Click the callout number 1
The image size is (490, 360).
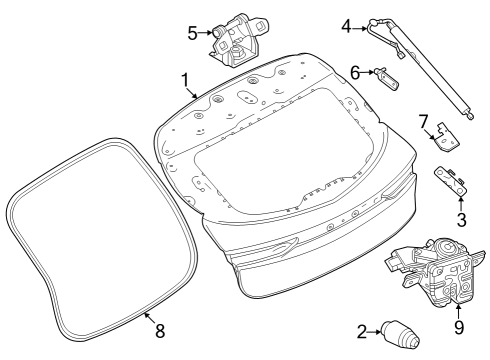184,78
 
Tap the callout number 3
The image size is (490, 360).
461,218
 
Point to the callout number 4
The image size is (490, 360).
347,26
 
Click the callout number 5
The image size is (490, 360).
192,31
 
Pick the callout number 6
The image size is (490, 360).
355,71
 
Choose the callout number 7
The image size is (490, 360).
424,122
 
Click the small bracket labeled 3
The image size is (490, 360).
452,180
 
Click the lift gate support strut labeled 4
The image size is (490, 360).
425,70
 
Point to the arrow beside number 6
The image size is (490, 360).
368,71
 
